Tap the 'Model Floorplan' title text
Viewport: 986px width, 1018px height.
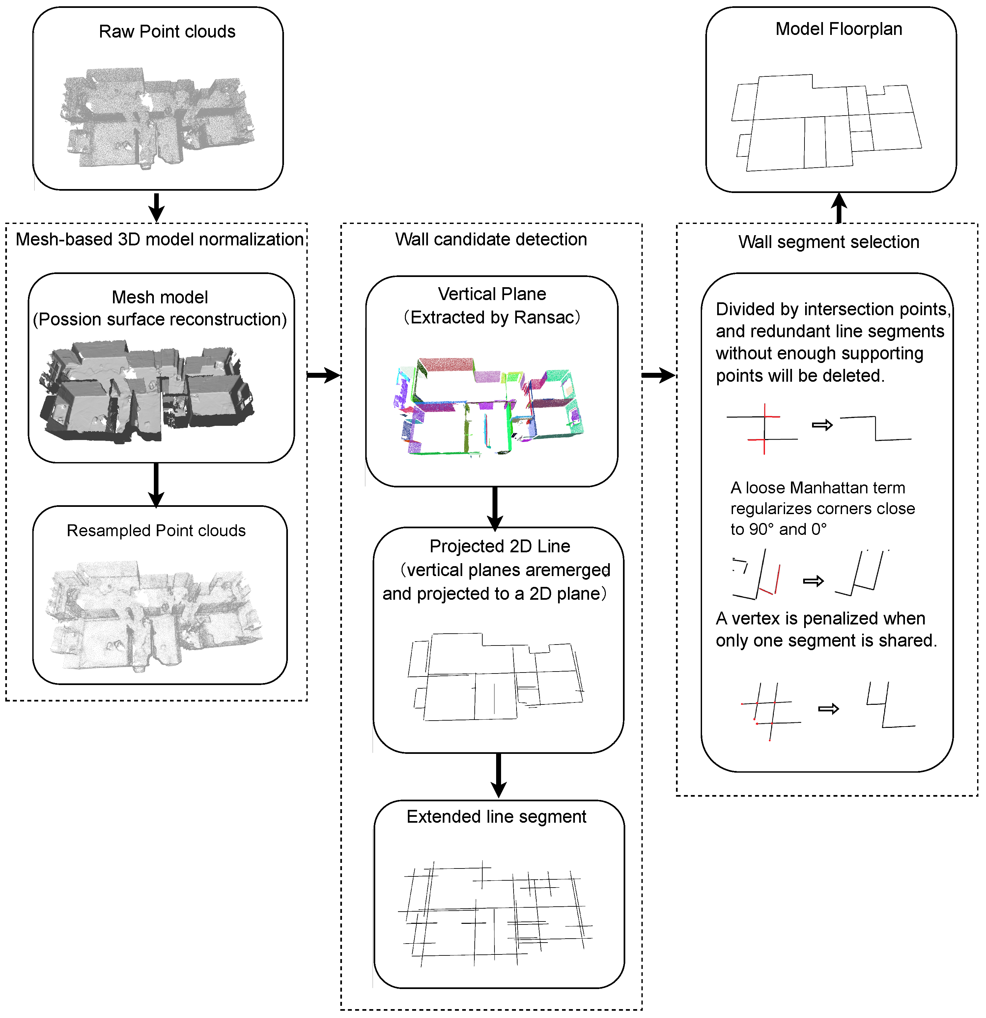coord(838,29)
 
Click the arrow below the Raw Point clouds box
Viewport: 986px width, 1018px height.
coord(156,207)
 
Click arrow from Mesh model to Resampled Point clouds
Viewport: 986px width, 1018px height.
coord(156,484)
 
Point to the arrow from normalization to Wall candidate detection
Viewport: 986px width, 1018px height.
coord(323,375)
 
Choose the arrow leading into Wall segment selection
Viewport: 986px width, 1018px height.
coord(658,375)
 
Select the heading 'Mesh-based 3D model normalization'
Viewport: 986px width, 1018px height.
coord(159,239)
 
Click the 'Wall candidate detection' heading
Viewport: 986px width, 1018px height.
coord(491,239)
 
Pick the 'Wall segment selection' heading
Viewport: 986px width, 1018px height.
coord(828,242)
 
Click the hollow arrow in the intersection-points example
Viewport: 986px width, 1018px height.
coord(822,426)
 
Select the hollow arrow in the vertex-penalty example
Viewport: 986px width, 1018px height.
coord(828,709)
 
